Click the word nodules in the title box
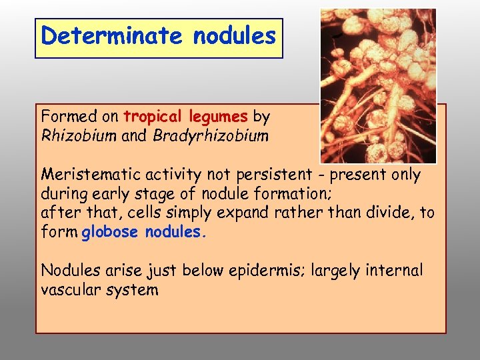tap(234, 36)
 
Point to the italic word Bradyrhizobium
tap(211, 136)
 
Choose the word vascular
tap(71, 290)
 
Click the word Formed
tap(64, 117)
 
